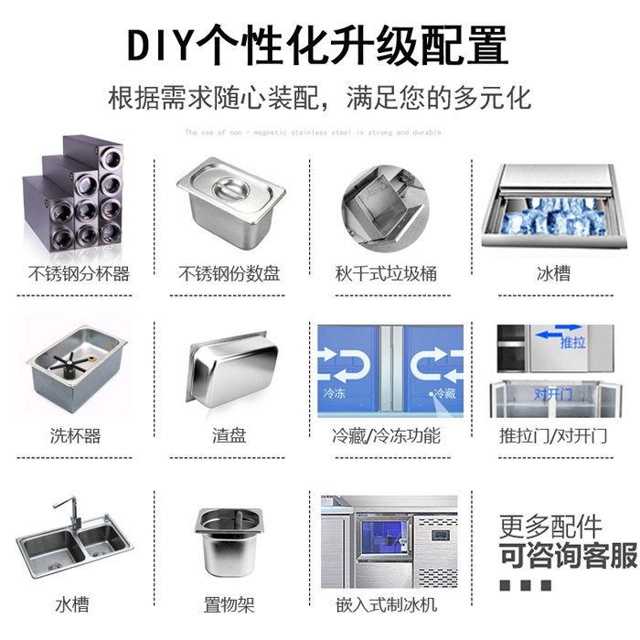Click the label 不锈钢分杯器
[80, 273]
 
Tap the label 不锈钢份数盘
[229, 273]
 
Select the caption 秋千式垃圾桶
[386, 273]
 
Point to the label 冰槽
[553, 273]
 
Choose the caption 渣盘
[229, 436]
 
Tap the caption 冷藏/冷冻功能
[387, 436]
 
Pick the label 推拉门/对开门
[553, 436]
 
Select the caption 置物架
[229, 604]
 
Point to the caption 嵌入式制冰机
[386, 604]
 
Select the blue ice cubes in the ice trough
[552, 216]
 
